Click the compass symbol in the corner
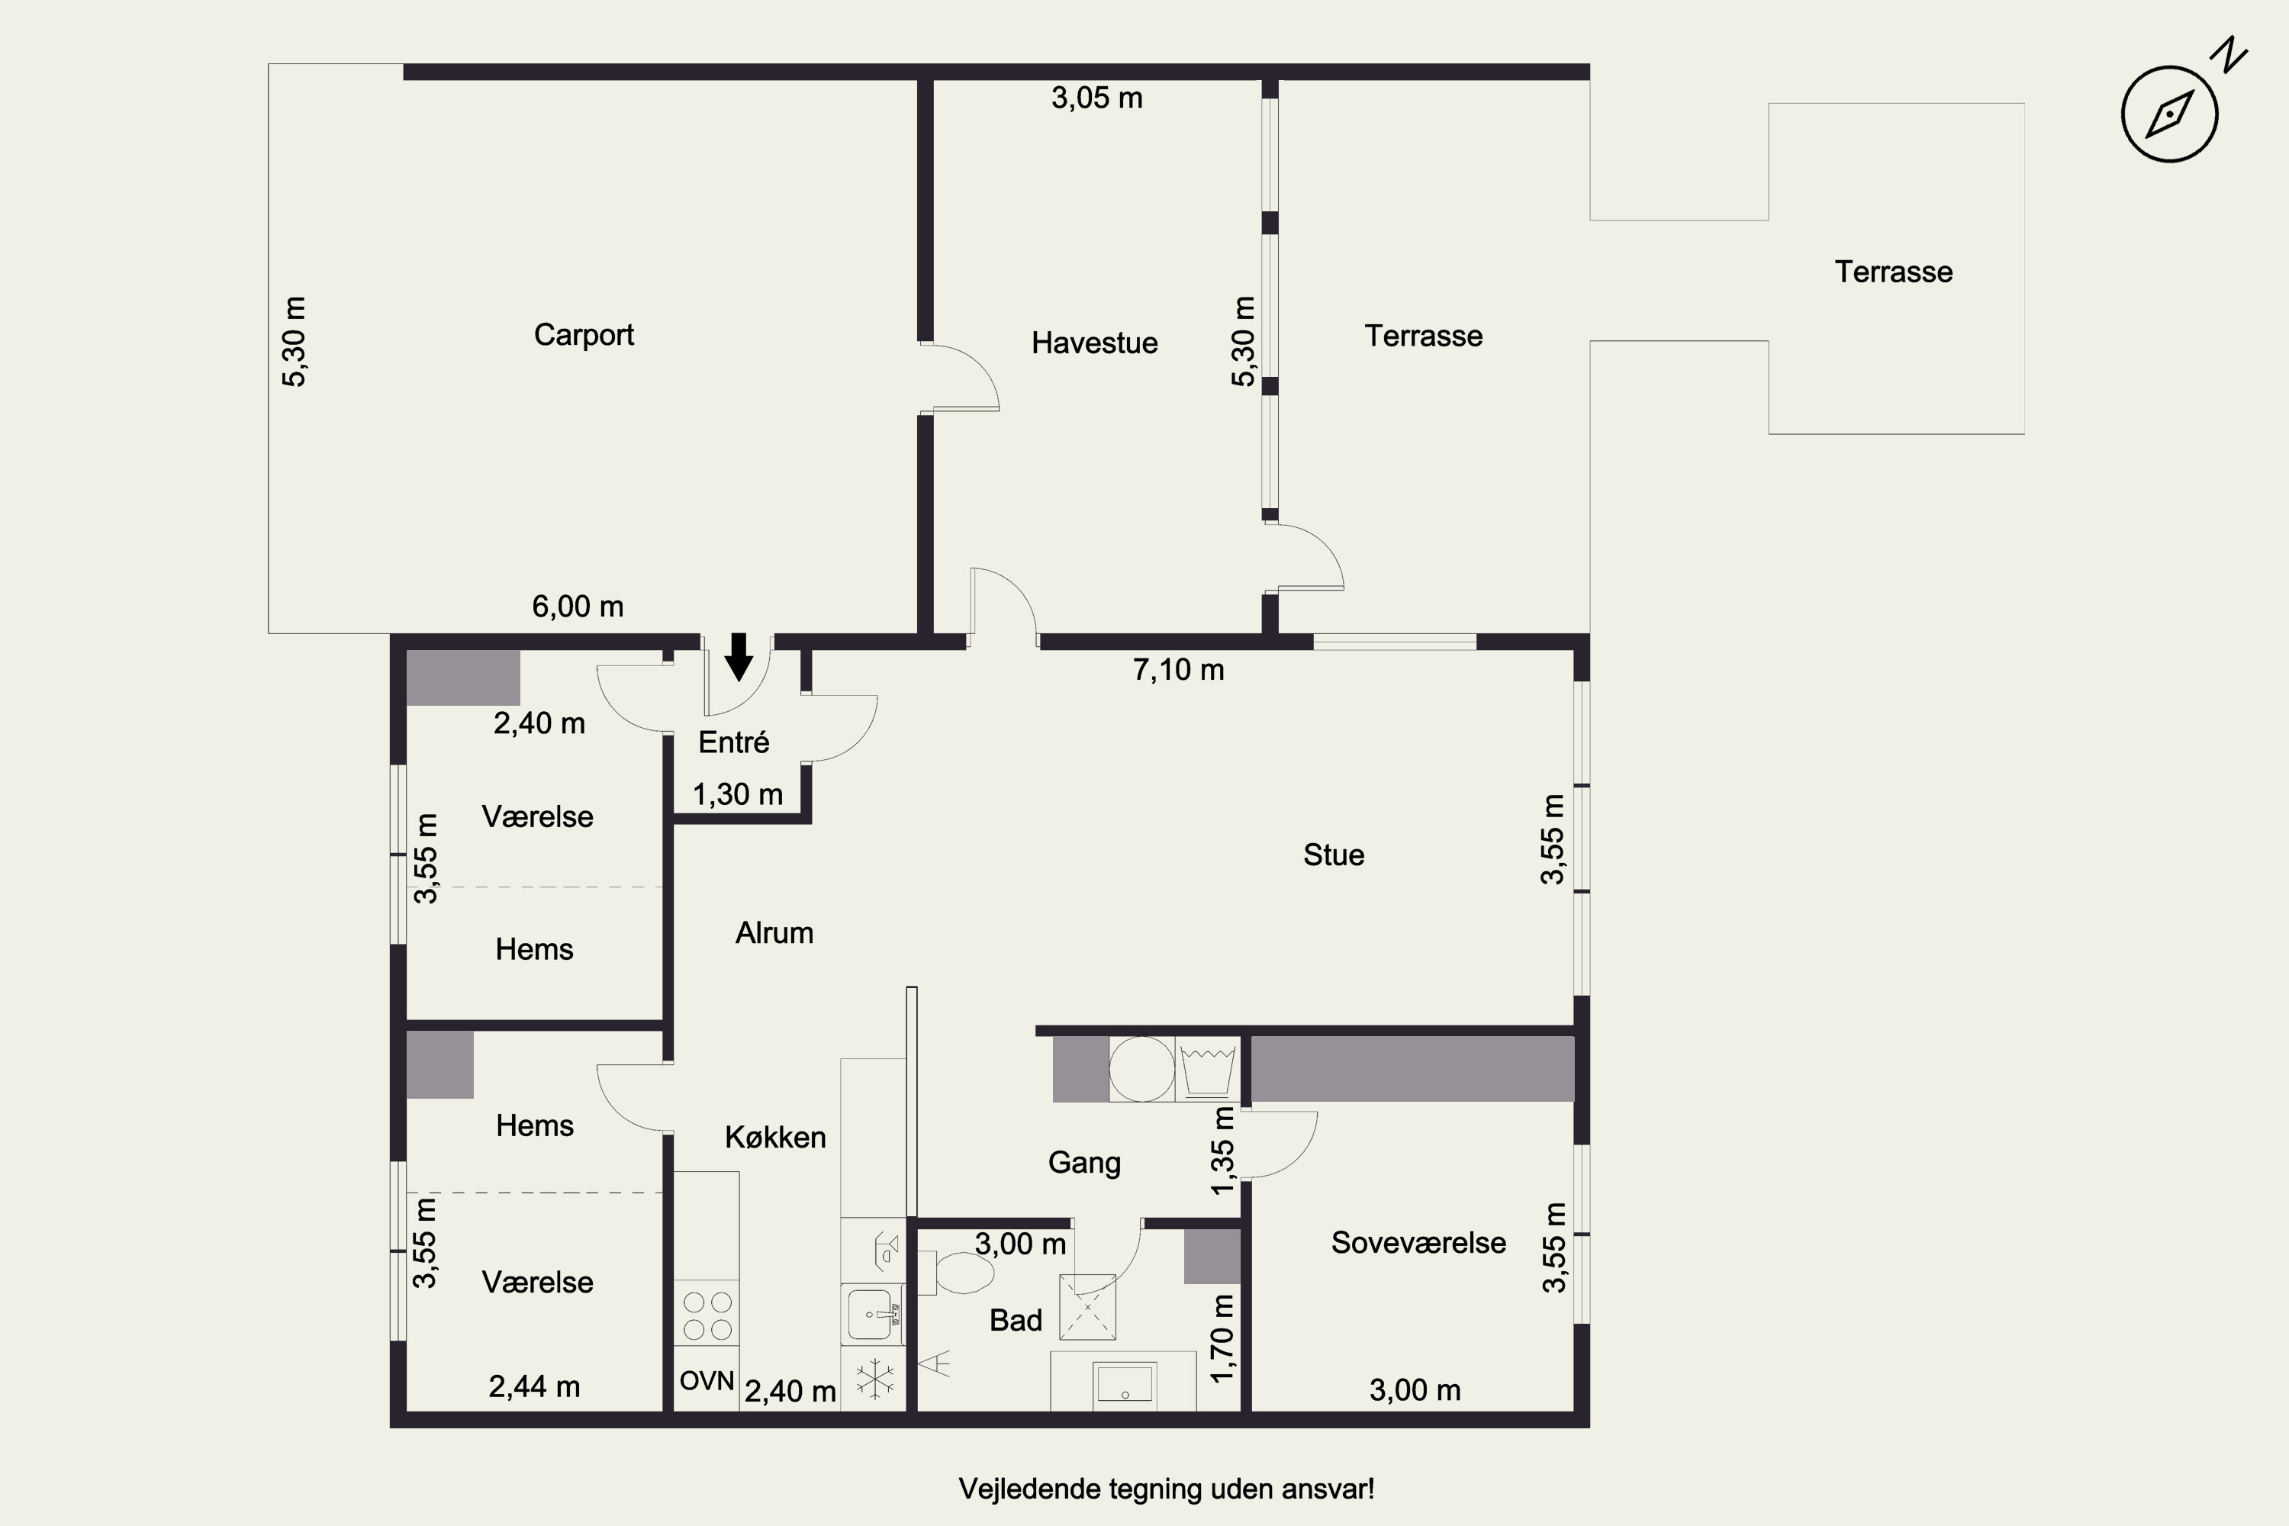[2169, 113]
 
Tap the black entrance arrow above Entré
[739, 656]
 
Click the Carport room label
[584, 335]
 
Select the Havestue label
[1095, 343]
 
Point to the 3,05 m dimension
[1097, 98]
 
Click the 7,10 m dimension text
[1179, 670]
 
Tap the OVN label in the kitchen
[707, 1380]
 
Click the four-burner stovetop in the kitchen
[707, 1315]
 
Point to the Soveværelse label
[1418, 1243]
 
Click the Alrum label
[774, 933]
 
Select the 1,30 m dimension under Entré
[738, 794]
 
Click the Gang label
[1084, 1163]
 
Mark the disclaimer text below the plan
[1167, 1489]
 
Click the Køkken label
[776, 1137]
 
